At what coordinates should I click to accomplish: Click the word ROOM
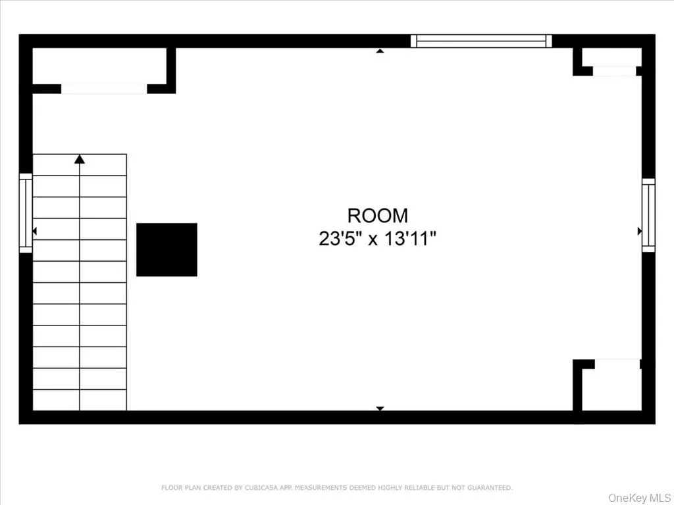tap(377, 216)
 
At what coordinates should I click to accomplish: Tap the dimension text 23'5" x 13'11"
tap(377, 239)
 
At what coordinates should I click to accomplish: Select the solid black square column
tap(167, 249)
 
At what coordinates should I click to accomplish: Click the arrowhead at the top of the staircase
tap(80, 159)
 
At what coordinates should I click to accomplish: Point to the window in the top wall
tap(481, 41)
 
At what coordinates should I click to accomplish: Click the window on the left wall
tap(26, 213)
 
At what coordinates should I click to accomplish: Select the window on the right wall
tap(648, 215)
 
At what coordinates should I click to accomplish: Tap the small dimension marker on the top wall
tap(380, 51)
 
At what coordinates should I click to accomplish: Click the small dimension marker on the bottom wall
tap(380, 408)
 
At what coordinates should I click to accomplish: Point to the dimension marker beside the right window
tap(640, 231)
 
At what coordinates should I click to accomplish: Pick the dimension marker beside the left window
tap(34, 231)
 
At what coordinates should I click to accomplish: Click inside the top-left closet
tap(99, 66)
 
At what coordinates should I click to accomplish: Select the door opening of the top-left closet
tap(104, 89)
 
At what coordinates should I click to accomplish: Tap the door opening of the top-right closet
tap(615, 71)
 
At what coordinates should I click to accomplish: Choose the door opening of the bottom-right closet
tap(617, 364)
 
